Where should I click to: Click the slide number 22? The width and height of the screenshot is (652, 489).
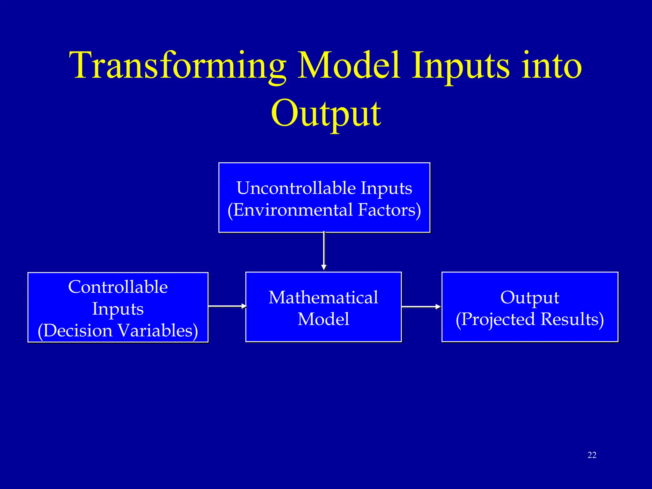[592, 455]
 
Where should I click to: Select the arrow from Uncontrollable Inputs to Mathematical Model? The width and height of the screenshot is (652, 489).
[324, 251]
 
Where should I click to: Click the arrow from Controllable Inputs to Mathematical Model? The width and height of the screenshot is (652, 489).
[227, 306]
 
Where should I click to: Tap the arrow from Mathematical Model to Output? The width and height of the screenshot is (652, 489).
[421, 307]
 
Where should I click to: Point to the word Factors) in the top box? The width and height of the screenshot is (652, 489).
[389, 210]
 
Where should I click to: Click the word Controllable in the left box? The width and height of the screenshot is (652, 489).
[118, 287]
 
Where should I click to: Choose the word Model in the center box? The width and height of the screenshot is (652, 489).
[323, 319]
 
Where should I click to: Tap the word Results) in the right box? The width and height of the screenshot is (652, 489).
[572, 319]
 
